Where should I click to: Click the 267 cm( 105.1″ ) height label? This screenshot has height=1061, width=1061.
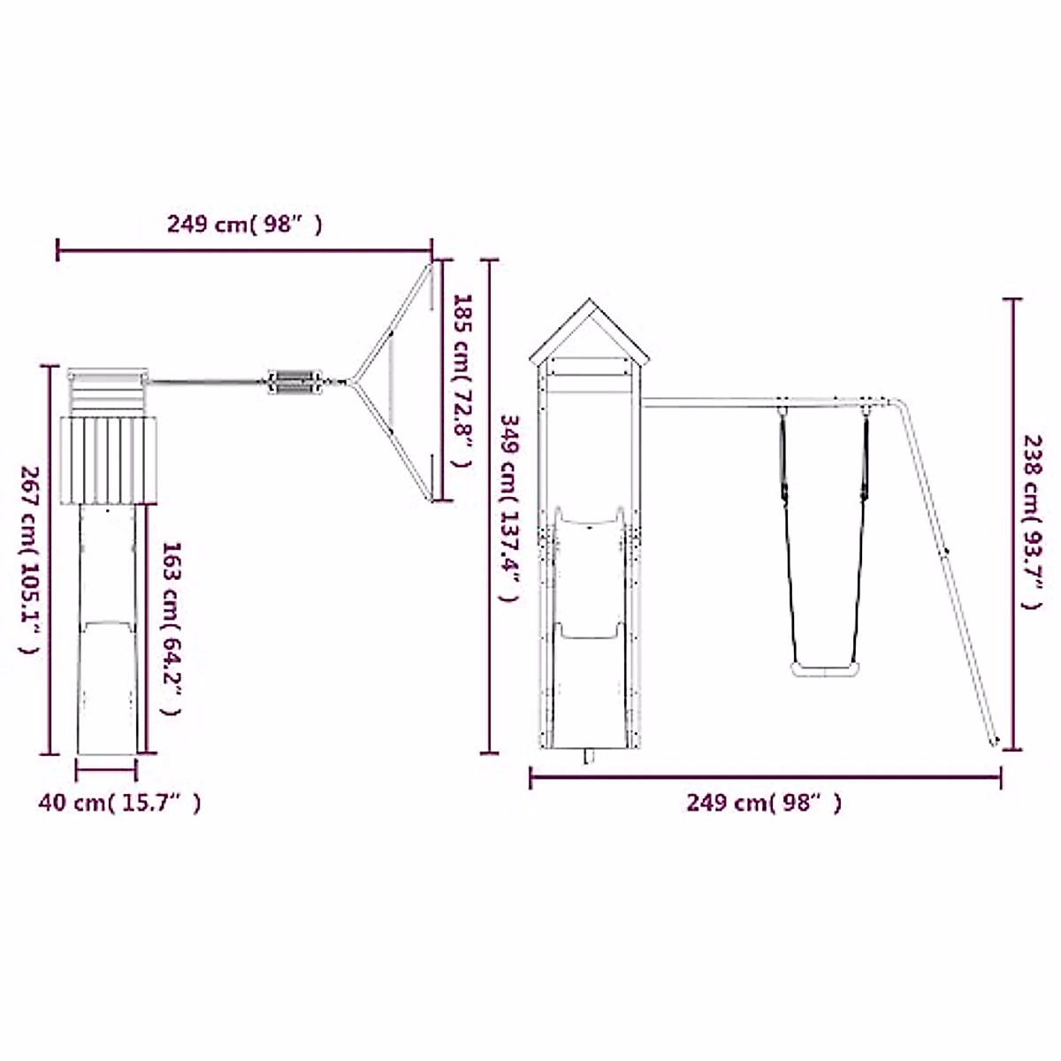coord(29,560)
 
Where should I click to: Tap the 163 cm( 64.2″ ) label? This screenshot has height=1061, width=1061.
coord(171,629)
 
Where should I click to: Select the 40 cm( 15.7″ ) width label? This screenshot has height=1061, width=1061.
coord(119,804)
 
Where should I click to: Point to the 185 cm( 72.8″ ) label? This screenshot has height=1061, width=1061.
coord(462,380)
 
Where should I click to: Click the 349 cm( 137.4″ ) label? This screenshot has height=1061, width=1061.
coord(508,508)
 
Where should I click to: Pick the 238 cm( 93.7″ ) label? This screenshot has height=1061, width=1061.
coord(1033,522)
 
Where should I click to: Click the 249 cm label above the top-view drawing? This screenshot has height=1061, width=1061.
coord(244,225)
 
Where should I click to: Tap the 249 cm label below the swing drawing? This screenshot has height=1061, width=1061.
coord(764,804)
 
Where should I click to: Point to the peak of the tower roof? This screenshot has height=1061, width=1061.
coord(589,299)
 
